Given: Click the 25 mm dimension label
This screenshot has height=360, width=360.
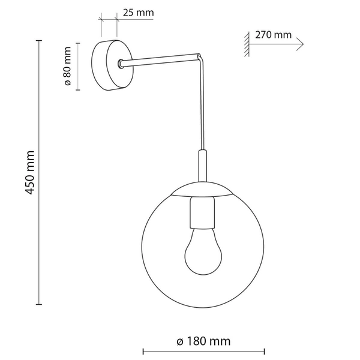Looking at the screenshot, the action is click(138, 13).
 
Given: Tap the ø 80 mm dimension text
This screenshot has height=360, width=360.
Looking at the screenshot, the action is click(67, 66).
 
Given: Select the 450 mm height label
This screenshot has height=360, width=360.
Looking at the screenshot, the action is click(29, 173).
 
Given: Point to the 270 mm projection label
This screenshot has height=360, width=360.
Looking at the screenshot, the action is click(273, 35).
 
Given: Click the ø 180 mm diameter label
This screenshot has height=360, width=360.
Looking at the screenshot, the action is click(203, 341).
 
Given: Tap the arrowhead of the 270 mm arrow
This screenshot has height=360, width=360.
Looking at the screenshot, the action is click(301, 44).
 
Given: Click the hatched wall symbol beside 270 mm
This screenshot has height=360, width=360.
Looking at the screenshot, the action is click(247, 44).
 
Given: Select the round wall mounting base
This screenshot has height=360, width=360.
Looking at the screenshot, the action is click(112, 65).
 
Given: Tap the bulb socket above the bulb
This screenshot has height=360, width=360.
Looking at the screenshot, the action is click(203, 212).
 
